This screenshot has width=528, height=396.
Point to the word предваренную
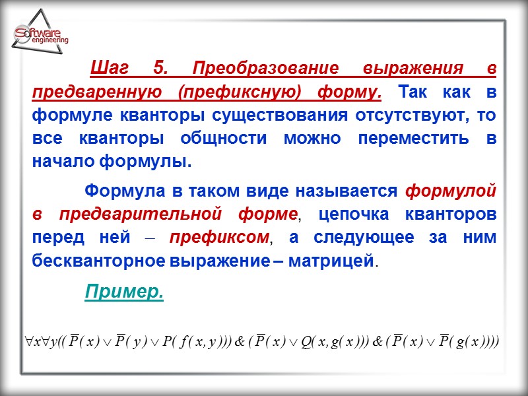coord(84,91)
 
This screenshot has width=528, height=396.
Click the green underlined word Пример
coord(124,290)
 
